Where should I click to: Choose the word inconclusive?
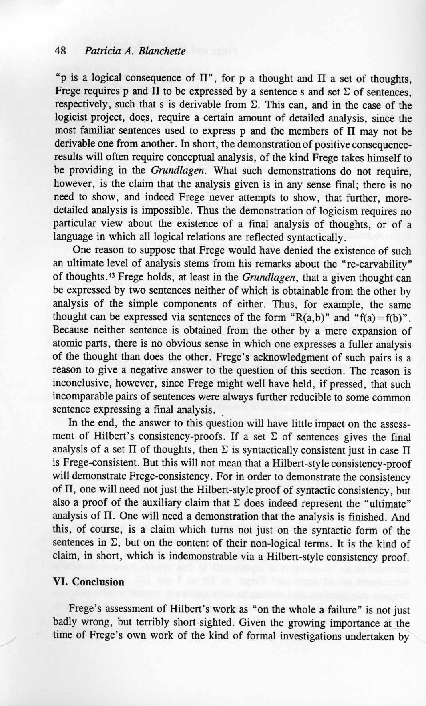click(x=78, y=383)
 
